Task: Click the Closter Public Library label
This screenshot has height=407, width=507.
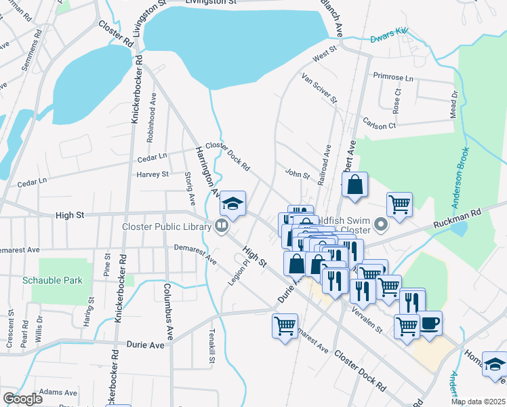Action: (x=166, y=227)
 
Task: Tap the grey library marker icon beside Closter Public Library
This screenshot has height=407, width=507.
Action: (x=221, y=226)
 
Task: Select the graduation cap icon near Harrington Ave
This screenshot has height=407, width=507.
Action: (x=232, y=203)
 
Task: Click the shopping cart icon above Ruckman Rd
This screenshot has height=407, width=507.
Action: (x=399, y=203)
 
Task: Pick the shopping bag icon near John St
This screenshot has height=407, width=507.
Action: (x=354, y=185)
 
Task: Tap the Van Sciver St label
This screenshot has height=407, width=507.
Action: (x=319, y=88)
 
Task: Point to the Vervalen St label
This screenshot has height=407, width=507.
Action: (x=367, y=321)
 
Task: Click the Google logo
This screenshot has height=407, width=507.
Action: (x=23, y=398)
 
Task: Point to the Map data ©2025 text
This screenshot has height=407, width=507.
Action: (x=478, y=402)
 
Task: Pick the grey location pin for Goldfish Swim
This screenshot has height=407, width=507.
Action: (x=380, y=224)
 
